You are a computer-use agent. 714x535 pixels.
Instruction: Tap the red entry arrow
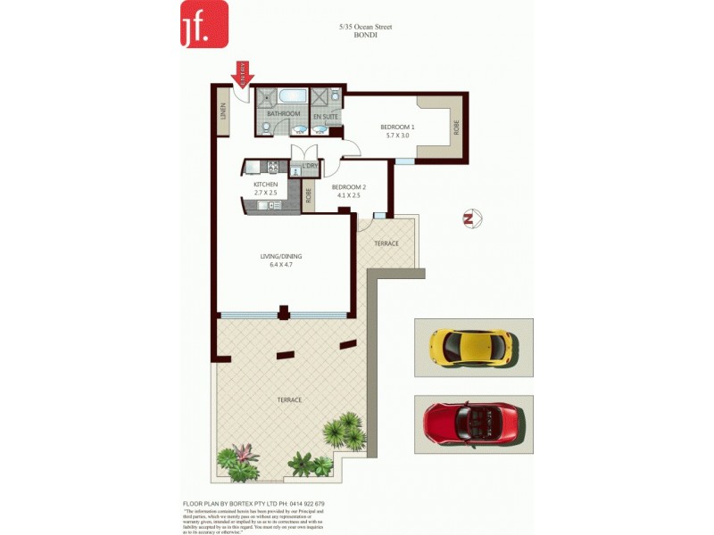click(242, 72)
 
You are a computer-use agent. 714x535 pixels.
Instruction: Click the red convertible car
click(473, 422)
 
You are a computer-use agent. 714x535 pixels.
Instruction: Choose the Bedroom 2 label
click(349, 191)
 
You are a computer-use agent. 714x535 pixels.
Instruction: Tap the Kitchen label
click(265, 188)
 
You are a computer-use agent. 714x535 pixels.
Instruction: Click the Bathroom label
click(283, 114)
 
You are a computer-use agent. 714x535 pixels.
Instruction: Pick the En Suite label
click(325, 116)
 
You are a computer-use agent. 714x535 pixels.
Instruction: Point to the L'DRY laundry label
click(310, 166)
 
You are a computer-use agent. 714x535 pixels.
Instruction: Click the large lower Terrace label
click(288, 399)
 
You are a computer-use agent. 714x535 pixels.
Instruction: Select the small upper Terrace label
click(386, 243)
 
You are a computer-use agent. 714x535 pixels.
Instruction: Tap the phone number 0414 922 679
click(303, 504)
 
